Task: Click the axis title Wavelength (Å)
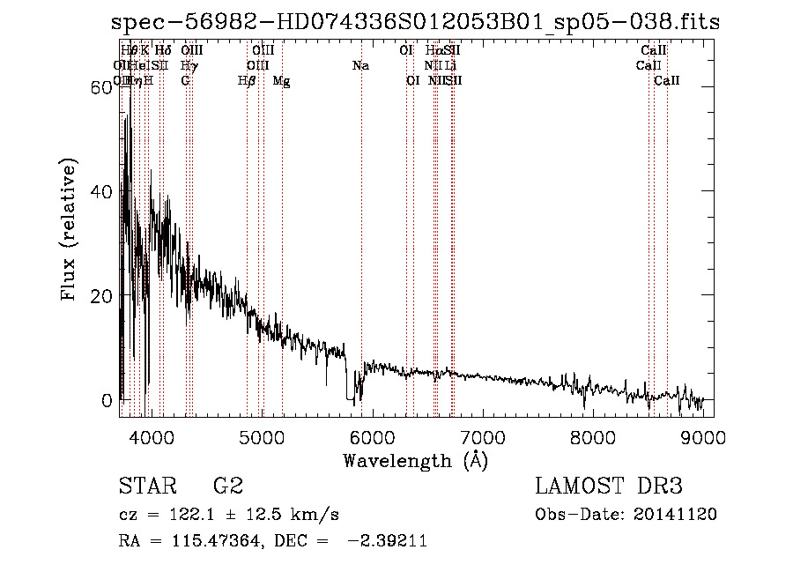[x=415, y=460]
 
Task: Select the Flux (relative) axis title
[x=70, y=230]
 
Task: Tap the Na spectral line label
[x=360, y=66]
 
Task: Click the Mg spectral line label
[x=281, y=81]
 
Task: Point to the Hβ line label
[x=248, y=81]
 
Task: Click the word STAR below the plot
[x=147, y=486]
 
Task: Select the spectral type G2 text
[x=228, y=486]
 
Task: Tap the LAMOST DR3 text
[x=608, y=486]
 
